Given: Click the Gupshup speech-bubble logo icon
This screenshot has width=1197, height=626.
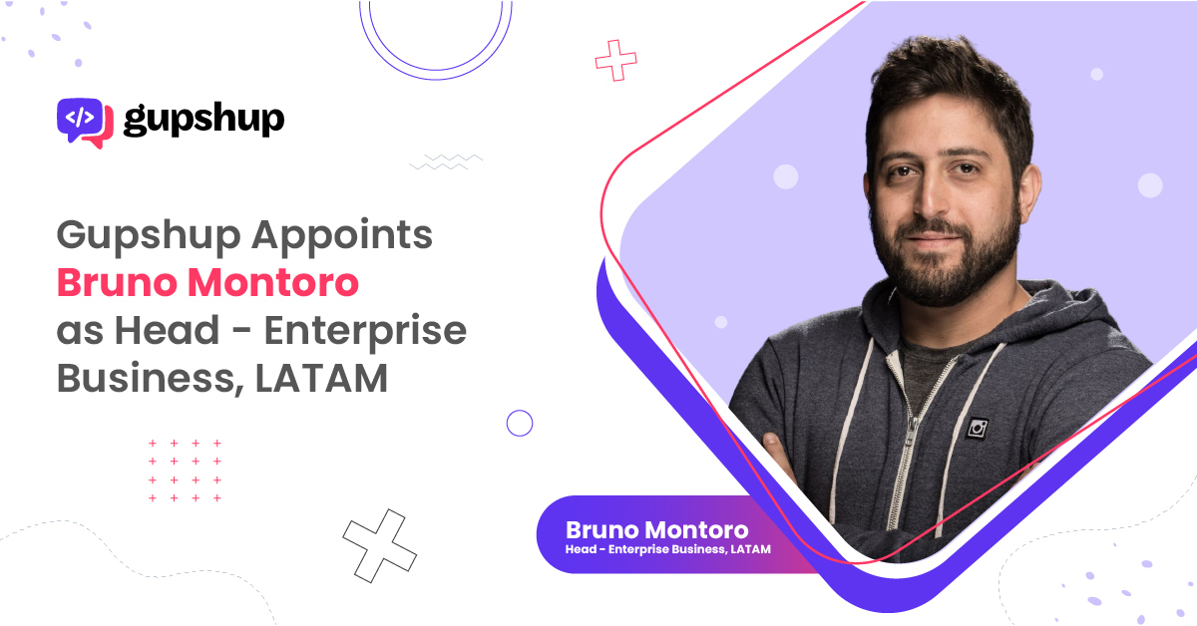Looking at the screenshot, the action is [x=85, y=123].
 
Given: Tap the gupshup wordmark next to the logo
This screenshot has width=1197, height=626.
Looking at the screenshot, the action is [x=203, y=120].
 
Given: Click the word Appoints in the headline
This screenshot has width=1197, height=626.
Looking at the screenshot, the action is [x=342, y=235].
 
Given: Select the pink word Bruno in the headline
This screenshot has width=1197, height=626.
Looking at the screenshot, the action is [x=117, y=282].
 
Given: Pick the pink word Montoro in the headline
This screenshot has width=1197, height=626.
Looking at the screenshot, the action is [x=273, y=282].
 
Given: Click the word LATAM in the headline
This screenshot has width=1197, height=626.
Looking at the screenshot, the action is [x=321, y=378].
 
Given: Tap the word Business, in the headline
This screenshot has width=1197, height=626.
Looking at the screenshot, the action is [x=151, y=379].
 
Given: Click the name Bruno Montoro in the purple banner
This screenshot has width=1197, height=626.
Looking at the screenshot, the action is [x=656, y=530].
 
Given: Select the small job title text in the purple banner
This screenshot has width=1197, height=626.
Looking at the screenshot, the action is [x=668, y=549].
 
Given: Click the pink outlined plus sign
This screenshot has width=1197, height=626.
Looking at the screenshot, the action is [x=615, y=60].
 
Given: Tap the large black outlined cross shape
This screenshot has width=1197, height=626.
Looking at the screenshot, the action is [x=379, y=545].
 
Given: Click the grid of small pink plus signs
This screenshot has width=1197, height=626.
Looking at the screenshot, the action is [x=185, y=470].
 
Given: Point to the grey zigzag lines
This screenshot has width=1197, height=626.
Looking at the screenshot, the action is [x=446, y=161].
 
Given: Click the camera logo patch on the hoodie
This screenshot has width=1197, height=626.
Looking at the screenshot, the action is [x=978, y=429].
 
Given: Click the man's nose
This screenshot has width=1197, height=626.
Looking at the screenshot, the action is [x=933, y=200].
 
